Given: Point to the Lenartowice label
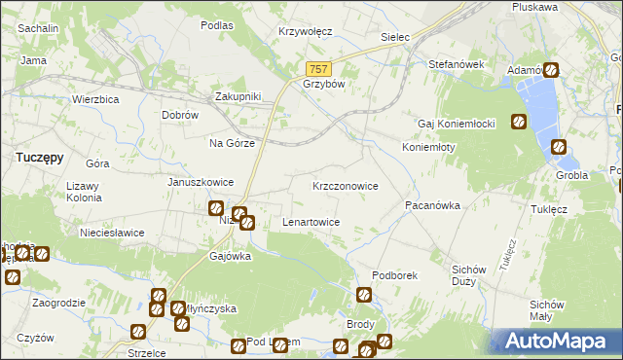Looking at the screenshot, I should [x=311, y=222].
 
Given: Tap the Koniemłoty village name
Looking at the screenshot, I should [x=429, y=147].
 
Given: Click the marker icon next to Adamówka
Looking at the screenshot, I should [x=551, y=70].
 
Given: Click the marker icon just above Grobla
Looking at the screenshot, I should [x=559, y=147].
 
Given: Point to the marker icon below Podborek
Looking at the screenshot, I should [x=364, y=295].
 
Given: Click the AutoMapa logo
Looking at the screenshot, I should [x=556, y=341].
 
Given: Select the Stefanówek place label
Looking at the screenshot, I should [x=457, y=64].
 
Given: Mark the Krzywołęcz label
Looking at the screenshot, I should [x=306, y=31].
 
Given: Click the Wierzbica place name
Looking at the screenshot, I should [x=95, y=99].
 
